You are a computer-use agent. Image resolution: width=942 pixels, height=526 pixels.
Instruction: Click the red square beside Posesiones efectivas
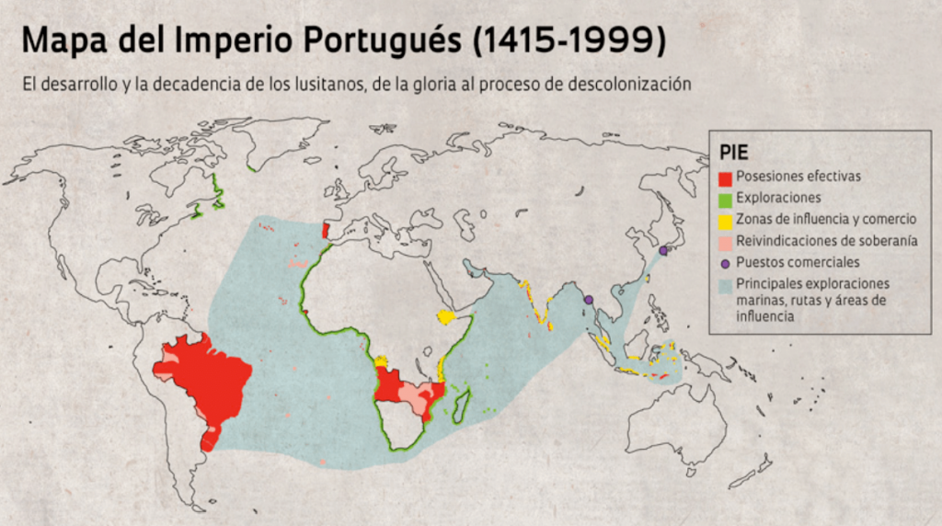(726, 176)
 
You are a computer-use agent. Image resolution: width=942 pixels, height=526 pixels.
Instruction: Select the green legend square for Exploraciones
(726, 197)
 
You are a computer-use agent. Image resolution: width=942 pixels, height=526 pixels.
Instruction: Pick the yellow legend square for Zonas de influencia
(726, 219)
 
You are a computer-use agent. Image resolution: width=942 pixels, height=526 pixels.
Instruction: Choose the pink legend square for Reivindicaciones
(726, 241)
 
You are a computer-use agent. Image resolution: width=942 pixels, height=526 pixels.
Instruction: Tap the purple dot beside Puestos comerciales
(726, 262)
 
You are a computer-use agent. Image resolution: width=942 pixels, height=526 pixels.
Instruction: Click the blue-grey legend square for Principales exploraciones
(726, 284)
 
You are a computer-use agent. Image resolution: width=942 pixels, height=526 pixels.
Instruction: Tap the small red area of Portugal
(325, 229)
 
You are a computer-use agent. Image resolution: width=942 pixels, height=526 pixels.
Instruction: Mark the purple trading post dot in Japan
(662, 249)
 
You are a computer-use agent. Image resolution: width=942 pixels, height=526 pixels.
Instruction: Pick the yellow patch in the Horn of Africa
(446, 316)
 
